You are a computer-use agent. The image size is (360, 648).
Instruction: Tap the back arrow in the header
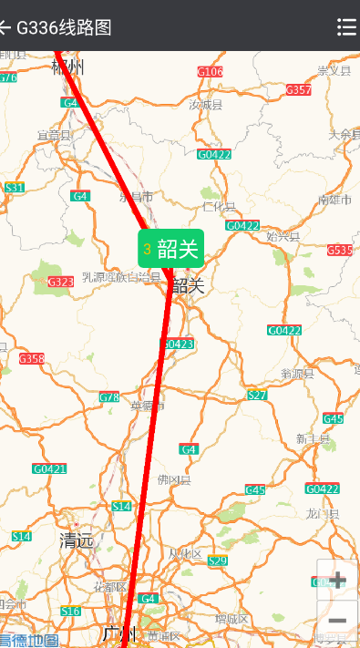point(5,26)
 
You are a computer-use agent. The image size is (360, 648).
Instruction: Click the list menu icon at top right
point(346,26)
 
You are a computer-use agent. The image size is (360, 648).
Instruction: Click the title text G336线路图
point(64,26)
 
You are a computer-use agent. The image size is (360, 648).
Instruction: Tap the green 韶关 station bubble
point(170,249)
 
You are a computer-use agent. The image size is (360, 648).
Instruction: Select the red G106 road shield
point(210,71)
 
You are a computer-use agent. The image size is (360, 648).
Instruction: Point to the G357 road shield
point(298,89)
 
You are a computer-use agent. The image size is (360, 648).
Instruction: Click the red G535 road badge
point(340,250)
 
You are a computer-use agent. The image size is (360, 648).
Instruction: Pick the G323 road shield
point(60,282)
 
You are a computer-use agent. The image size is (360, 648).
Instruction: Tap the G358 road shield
point(32,358)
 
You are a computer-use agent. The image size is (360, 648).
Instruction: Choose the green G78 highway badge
point(109,396)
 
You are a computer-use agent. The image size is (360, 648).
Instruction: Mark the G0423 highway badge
point(178,344)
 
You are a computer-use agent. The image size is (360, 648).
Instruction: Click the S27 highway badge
point(257,395)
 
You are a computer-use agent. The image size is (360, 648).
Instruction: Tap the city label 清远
point(77,540)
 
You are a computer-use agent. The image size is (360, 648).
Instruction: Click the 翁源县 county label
point(297,373)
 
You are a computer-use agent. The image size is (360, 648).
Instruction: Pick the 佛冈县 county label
point(174,479)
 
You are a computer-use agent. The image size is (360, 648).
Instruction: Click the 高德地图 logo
point(29,640)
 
